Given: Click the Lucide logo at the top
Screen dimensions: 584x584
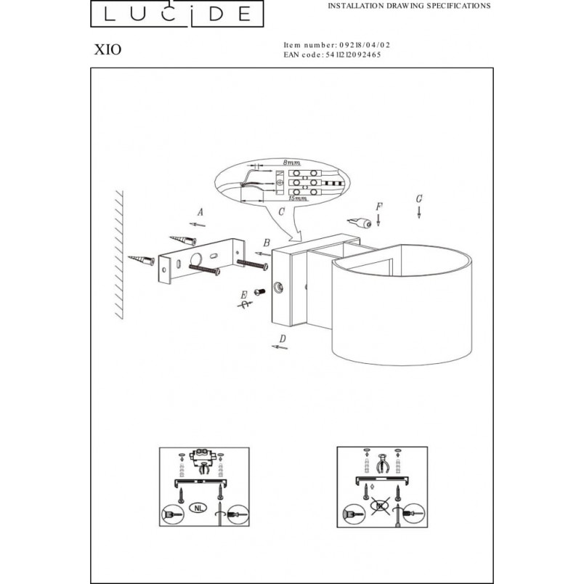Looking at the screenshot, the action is (x=177, y=13).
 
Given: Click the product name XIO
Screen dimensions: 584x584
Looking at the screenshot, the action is (x=108, y=49).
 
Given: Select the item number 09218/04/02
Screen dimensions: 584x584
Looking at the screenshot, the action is (x=365, y=45).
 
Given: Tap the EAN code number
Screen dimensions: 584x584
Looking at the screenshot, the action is (x=354, y=54).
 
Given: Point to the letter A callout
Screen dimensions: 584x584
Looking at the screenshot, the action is (x=200, y=212).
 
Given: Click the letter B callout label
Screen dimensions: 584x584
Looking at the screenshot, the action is (x=267, y=243).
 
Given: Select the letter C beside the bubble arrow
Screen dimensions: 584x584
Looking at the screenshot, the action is (x=282, y=212).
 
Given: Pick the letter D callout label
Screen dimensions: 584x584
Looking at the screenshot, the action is (x=283, y=338).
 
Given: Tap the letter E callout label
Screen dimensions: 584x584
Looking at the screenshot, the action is (x=244, y=295).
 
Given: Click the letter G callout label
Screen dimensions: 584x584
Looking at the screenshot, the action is (x=419, y=199).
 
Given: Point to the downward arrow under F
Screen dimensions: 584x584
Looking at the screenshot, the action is (x=378, y=220).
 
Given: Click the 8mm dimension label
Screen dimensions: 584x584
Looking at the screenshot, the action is (x=291, y=163).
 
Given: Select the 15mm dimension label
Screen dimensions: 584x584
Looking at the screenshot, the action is (x=298, y=198).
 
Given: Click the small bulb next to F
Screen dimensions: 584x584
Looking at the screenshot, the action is (x=360, y=223).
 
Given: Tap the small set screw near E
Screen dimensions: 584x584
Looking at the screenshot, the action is (x=259, y=292).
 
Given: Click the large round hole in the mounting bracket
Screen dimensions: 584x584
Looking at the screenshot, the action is (x=196, y=259).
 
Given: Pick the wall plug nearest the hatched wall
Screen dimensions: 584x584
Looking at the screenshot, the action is (x=142, y=259).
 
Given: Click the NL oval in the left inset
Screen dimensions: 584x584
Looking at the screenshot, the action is (x=198, y=508).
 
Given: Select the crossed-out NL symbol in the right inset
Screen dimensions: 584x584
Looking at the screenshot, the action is (x=381, y=506).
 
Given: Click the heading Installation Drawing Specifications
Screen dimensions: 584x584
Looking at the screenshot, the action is (x=409, y=6).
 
